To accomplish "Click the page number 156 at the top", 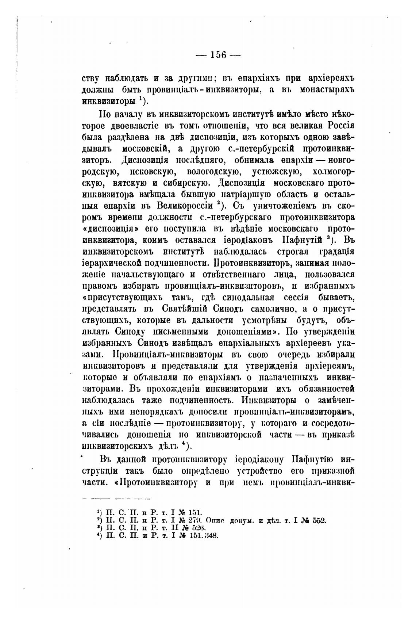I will point(218,55).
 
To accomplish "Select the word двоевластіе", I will point(128,126).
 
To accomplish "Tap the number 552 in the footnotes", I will point(319,521).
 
